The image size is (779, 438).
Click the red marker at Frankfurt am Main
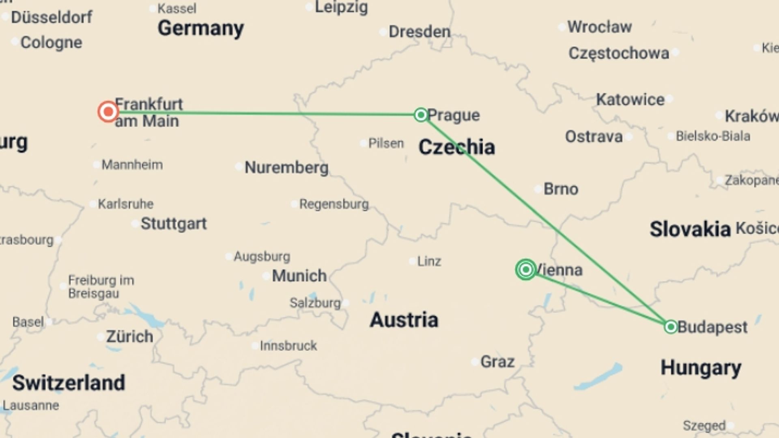pos(108,112)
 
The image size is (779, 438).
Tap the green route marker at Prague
pos(421,115)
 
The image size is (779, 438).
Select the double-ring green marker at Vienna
pos(526,269)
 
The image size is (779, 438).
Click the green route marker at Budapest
pos(671,326)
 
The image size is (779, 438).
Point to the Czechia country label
pos(456,147)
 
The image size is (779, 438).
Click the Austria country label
pos(404,320)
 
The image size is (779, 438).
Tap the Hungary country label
pos(701,368)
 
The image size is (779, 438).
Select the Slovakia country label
pos(690,229)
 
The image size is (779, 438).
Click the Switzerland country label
pos(69,383)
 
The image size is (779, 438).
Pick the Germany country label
pos(201,28)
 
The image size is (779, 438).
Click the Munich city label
pos(299,276)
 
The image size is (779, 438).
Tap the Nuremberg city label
pos(286,167)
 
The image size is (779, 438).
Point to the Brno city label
pos(561,189)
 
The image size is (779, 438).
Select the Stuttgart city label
pos(174,223)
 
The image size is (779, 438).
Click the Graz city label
pos(497,361)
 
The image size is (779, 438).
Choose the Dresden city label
pos(420,32)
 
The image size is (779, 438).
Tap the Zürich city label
pos(129,337)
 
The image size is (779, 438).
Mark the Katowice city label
pos(630,99)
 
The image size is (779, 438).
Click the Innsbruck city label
pos(288,346)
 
